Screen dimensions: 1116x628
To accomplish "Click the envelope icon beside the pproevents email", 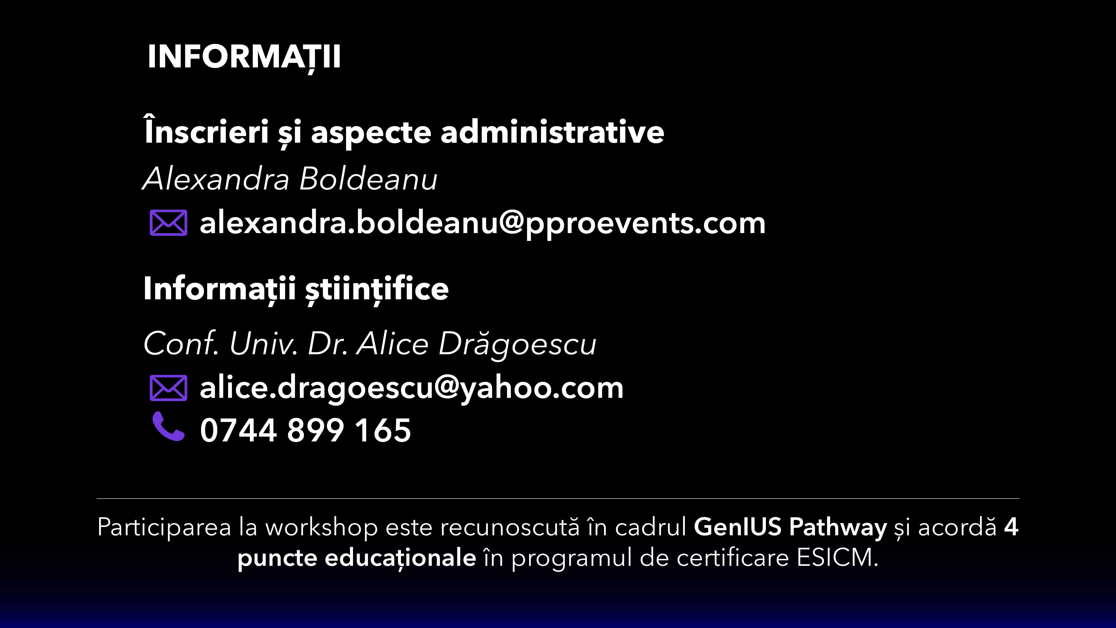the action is click(169, 223).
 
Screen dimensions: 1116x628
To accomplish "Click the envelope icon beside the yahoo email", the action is click(169, 388).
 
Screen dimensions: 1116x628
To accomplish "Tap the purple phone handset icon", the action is click(169, 427).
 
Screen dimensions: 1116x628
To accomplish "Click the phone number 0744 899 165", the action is click(305, 430).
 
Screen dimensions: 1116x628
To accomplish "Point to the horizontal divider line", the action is click(558, 498).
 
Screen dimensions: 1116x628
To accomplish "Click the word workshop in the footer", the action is click(321, 527).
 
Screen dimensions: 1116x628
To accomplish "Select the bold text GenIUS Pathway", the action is click(791, 527).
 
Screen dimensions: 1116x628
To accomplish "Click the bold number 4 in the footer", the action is click(1011, 527).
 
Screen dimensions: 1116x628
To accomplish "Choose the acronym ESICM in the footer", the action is click(834, 558).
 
